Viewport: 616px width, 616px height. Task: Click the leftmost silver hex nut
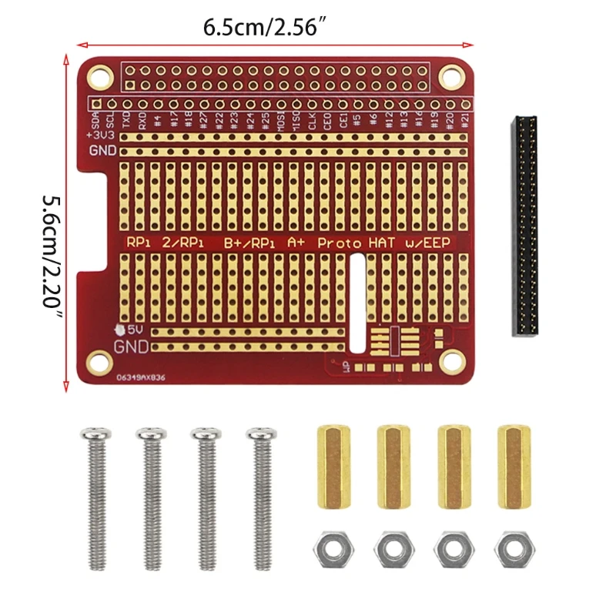coord(331,550)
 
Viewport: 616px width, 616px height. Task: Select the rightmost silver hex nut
coord(514,550)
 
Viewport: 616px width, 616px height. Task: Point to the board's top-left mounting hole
coord(98,76)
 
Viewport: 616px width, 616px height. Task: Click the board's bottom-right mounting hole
coord(447,359)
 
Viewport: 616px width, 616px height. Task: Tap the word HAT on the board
coord(383,241)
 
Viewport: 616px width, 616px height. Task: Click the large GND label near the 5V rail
coord(130,346)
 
